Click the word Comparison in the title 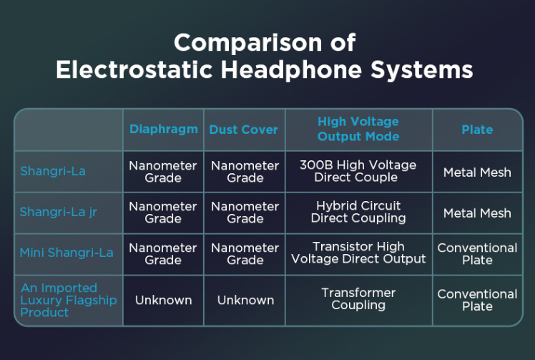248,43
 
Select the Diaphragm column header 164,130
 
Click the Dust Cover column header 244,130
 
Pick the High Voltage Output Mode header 358,129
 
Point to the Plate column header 477,130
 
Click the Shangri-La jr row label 59,212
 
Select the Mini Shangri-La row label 67,253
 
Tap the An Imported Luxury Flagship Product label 69,300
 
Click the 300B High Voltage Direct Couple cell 358,171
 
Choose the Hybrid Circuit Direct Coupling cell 358,212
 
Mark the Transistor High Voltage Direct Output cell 358,253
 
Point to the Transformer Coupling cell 358,299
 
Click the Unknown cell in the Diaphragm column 164,300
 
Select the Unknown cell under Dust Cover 245,300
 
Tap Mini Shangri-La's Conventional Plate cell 477,254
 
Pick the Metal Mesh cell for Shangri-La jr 477,213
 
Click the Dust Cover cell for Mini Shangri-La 245,254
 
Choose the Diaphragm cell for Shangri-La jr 163,213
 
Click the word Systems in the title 422,70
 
